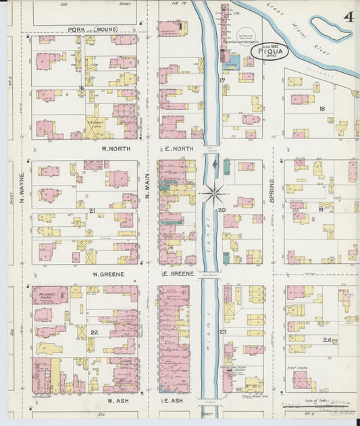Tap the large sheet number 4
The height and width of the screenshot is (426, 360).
[348, 17]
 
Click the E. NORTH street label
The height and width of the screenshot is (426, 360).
[179, 149]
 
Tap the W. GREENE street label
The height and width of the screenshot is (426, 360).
[107, 275]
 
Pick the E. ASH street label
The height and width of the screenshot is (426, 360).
[174, 400]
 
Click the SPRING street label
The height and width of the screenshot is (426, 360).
[272, 192]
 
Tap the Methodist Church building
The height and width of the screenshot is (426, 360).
[49, 296]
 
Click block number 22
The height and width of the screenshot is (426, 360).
[95, 332]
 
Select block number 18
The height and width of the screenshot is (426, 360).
[322, 109]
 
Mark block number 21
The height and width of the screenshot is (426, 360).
[91, 211]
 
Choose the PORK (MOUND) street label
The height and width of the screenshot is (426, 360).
[93, 30]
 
